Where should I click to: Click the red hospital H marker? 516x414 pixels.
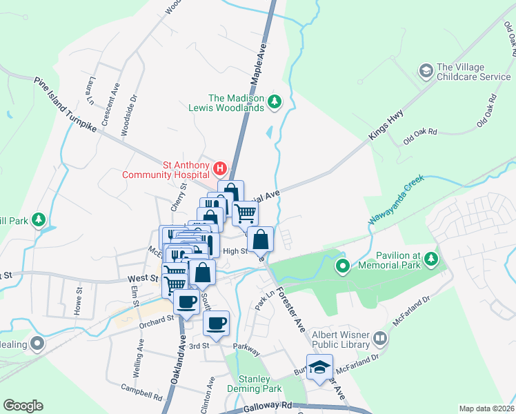point(219,168)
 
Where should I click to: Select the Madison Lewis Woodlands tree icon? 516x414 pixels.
point(275,102)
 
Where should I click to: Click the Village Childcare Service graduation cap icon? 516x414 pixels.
point(426,71)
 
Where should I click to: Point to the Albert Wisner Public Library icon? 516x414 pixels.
point(379,339)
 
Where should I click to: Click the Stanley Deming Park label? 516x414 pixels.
point(258,384)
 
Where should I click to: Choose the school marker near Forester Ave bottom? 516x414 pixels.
point(319,367)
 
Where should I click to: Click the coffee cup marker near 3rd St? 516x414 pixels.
point(216,323)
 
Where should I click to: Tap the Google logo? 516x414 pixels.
point(23,406)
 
